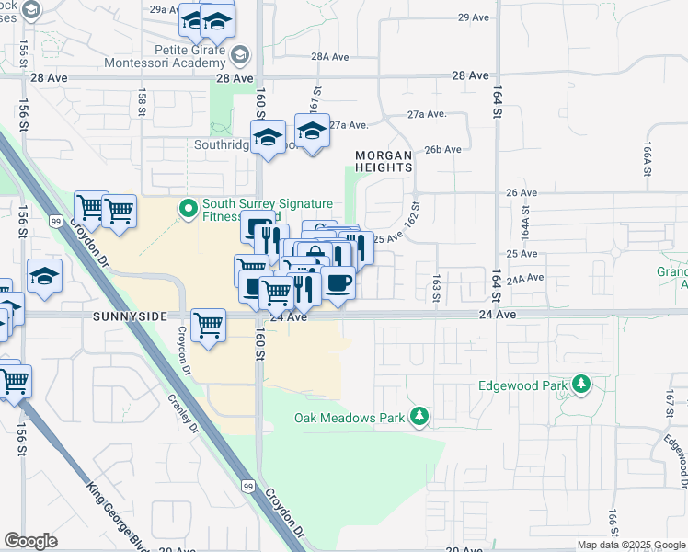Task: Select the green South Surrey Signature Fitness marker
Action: (189, 209)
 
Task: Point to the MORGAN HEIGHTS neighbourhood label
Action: (384, 162)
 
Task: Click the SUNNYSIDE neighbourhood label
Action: (130, 316)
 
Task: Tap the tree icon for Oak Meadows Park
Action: (419, 418)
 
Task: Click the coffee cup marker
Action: (338, 282)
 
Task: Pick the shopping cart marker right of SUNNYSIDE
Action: (209, 325)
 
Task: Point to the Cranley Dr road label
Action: (182, 414)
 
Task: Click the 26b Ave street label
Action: (441, 149)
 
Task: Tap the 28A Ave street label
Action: (330, 56)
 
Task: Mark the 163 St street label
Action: (436, 286)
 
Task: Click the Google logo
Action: (30, 541)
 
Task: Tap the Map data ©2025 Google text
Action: (630, 545)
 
